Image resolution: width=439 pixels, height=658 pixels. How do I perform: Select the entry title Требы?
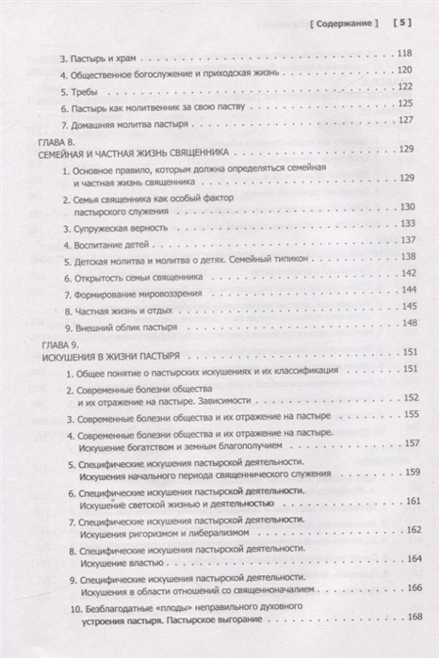[80, 92]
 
